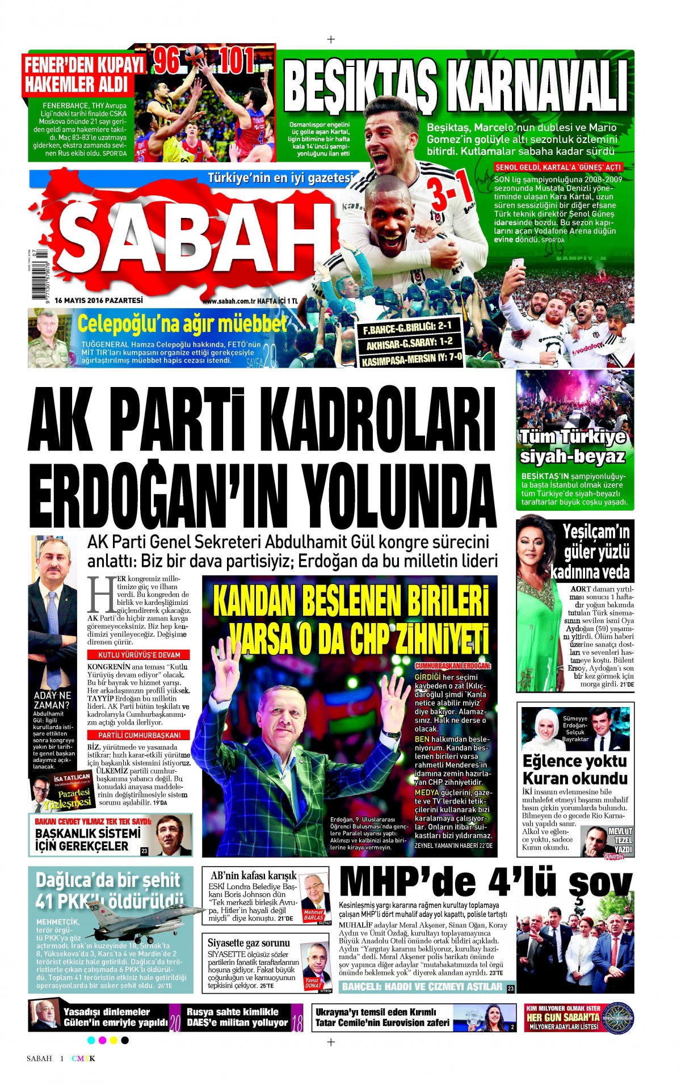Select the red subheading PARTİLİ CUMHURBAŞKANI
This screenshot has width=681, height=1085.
point(139,735)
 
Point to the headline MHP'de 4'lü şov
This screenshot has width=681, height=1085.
point(485,883)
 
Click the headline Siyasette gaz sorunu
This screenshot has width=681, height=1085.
point(249,943)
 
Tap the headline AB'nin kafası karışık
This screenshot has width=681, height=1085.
point(253,876)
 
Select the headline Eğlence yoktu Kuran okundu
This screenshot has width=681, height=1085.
point(574,769)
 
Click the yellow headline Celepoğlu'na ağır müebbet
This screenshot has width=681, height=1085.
point(182,324)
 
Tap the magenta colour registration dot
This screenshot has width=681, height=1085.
point(102,1040)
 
